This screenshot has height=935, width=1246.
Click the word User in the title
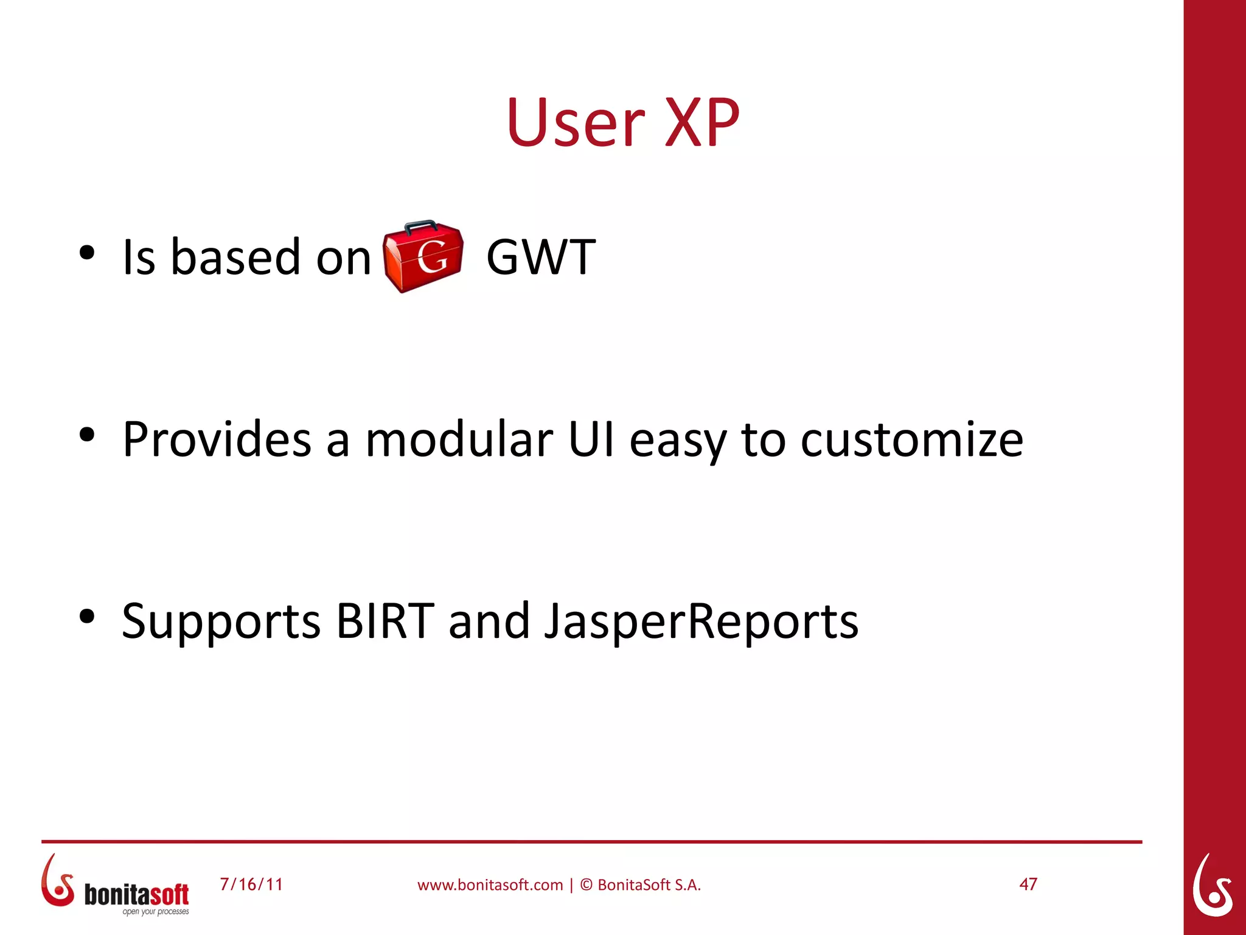(575, 124)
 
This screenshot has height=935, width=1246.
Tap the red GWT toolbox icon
(423, 257)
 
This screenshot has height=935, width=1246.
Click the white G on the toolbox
(433, 257)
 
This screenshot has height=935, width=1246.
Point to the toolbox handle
(420, 226)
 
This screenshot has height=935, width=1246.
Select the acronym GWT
(541, 257)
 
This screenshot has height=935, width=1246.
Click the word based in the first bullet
(236, 257)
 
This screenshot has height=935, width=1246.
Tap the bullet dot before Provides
(87, 435)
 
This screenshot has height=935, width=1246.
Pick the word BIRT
(385, 622)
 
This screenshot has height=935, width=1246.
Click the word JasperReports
(701, 622)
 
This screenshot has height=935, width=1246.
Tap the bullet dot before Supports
(87, 616)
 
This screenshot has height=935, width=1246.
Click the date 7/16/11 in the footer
(251, 884)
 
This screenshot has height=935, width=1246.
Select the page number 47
(1028, 884)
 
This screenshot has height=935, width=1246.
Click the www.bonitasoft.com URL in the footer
(490, 885)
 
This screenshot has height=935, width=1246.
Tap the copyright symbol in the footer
(586, 885)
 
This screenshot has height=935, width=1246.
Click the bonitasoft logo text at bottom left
(136, 895)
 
